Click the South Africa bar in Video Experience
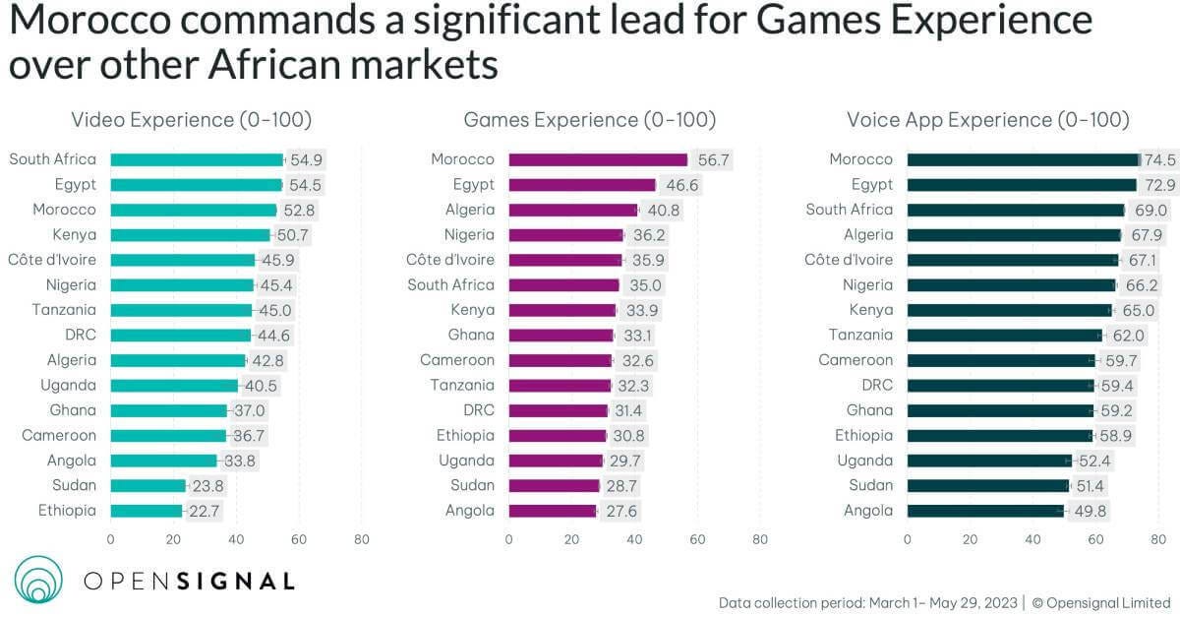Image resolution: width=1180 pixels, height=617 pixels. click(x=197, y=159)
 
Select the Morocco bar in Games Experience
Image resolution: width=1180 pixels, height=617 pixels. click(x=598, y=159)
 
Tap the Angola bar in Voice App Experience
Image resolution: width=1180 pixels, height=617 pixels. click(x=985, y=511)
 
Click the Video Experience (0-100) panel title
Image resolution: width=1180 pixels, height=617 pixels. click(x=191, y=120)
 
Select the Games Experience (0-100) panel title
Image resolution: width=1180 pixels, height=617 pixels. click(x=590, y=120)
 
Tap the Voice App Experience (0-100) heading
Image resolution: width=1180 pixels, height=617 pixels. click(x=987, y=120)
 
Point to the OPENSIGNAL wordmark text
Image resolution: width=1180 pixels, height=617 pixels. click(x=189, y=581)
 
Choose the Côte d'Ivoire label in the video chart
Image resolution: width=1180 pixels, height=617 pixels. click(x=54, y=260)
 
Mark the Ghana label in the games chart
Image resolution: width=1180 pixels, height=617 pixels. click(x=471, y=335)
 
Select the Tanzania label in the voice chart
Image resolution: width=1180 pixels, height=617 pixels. click(x=860, y=335)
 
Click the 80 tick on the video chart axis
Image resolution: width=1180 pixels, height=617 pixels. click(x=362, y=539)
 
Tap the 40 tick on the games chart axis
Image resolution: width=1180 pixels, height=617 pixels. click(x=634, y=539)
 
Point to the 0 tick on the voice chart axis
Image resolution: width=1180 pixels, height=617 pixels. click(x=907, y=539)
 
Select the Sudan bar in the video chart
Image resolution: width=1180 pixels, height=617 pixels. click(x=147, y=485)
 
